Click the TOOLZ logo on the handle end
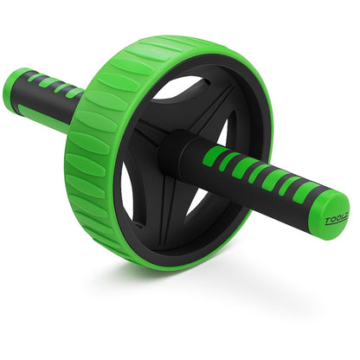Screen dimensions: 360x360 (336, 220)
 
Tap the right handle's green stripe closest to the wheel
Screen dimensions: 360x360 (213, 156)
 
